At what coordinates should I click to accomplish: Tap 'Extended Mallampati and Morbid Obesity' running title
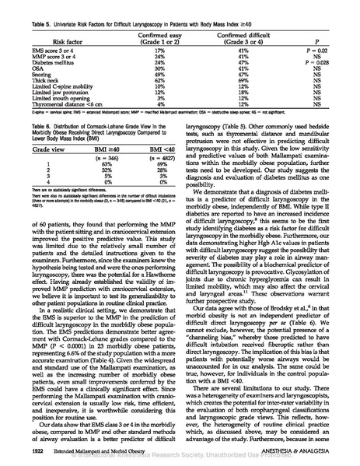click(x=95, y=450)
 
